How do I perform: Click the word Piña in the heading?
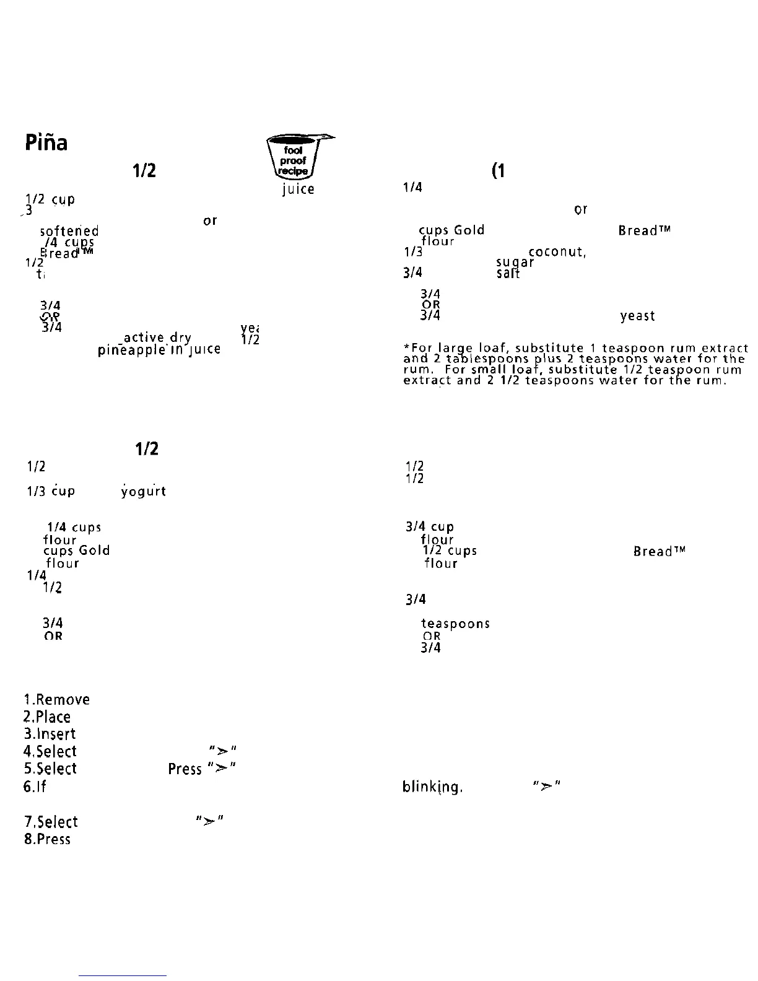coord(46,143)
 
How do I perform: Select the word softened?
coord(69,231)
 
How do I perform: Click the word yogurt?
coord(143,492)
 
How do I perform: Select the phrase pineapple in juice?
coord(159,351)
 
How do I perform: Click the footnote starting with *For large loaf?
coord(574,364)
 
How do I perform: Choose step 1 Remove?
coord(56,700)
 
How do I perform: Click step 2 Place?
coord(47,717)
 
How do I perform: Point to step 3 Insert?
coord(50,735)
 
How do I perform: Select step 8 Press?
coord(47,840)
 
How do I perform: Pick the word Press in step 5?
coord(185,769)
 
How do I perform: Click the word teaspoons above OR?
coord(455,624)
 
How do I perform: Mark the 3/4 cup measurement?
coord(429,527)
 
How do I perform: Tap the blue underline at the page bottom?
coord(123,975)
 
